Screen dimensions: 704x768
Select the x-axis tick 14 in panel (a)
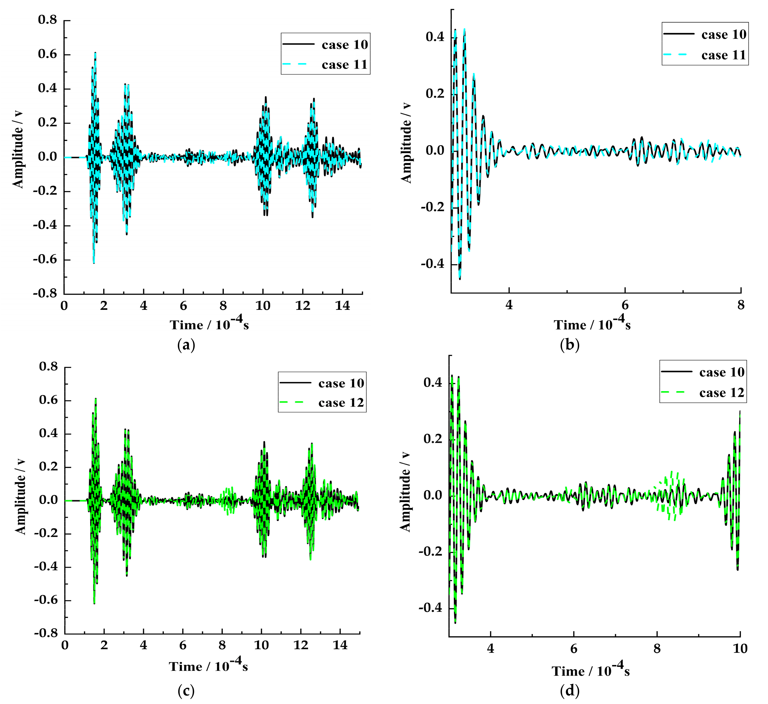click(x=342, y=306)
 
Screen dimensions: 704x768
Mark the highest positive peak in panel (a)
click(x=95, y=53)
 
